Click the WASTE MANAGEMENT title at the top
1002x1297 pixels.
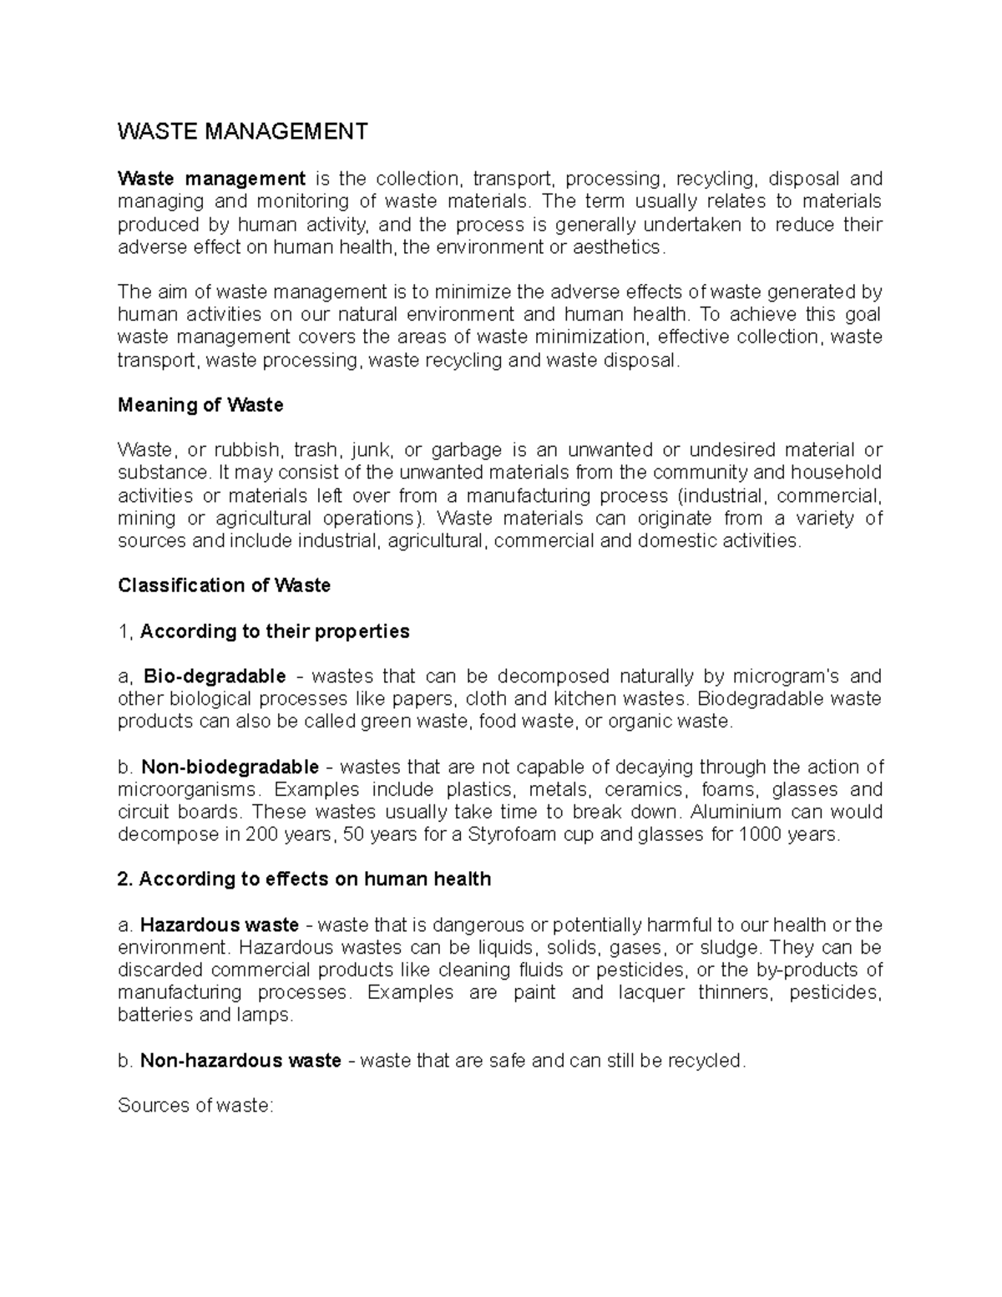click(x=242, y=132)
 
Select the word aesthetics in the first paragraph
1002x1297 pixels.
click(x=627, y=247)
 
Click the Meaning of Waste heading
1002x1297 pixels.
click(x=200, y=405)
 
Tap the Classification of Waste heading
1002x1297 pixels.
click(x=224, y=585)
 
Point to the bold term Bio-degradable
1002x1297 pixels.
click(x=215, y=676)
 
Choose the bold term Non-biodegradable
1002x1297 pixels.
click(x=230, y=767)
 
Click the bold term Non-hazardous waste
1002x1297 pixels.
click(x=240, y=1061)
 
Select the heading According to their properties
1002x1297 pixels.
click(x=275, y=631)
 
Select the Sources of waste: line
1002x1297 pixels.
click(x=195, y=1106)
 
